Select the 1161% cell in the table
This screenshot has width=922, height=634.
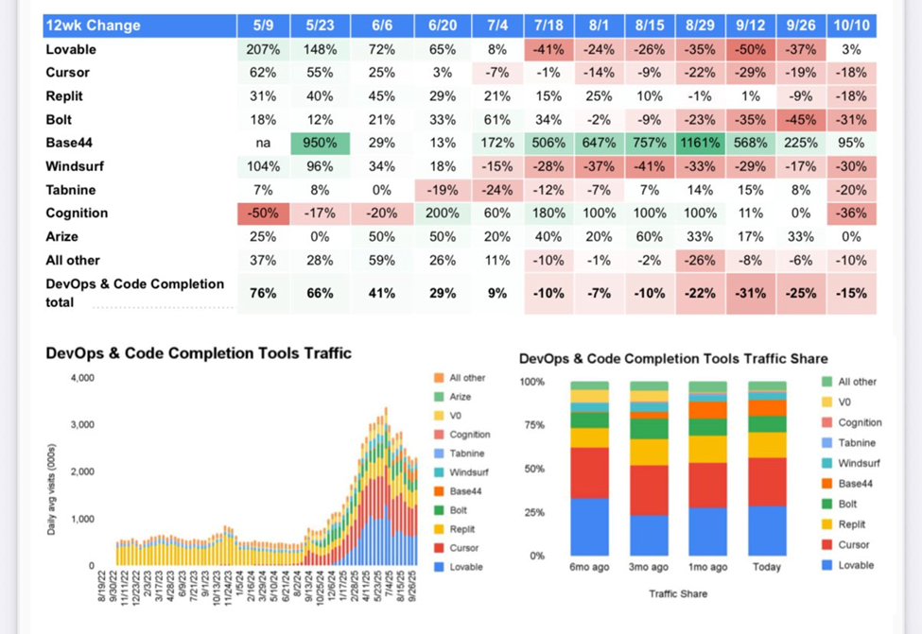pos(701,143)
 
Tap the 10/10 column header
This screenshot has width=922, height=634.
pos(851,26)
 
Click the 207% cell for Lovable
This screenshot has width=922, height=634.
pos(263,49)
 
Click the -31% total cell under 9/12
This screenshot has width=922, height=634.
pos(753,293)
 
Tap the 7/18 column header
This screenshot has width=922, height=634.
pos(548,26)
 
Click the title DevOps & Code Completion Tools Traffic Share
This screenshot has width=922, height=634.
pos(673,359)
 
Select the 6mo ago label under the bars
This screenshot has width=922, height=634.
pos(589,567)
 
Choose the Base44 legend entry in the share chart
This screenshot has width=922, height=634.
pos(848,484)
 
